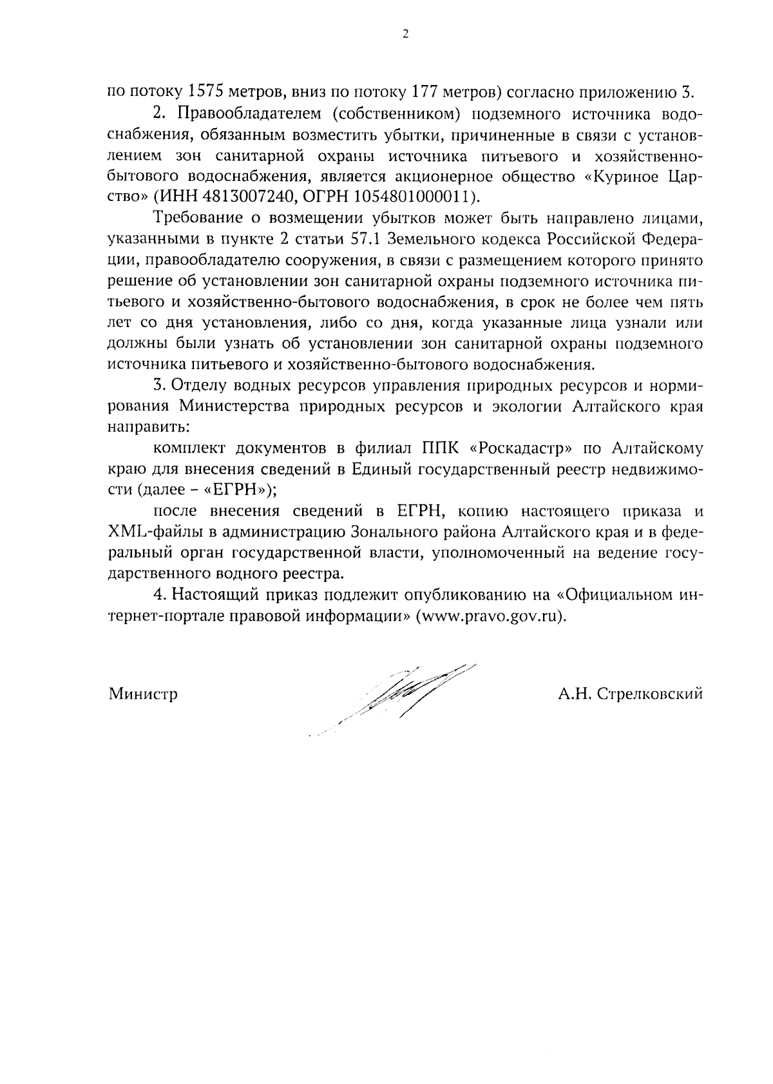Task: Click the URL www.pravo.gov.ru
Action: click(x=491, y=614)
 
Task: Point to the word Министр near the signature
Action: click(x=143, y=694)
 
